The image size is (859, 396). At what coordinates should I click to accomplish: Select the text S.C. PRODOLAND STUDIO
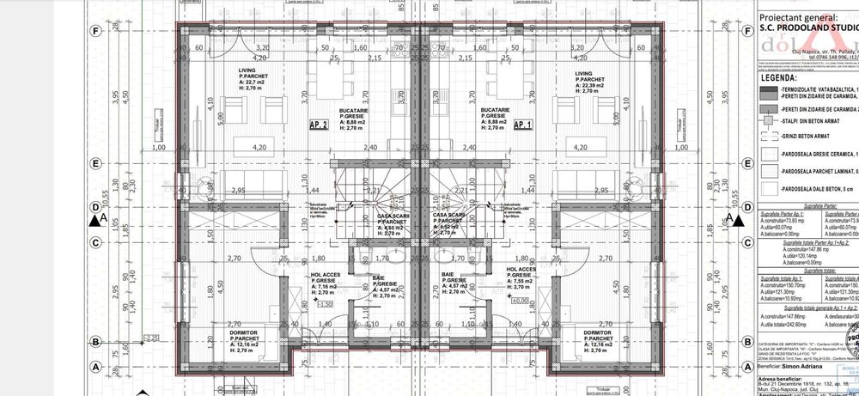point(807,27)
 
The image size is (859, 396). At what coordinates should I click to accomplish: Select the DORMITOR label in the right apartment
point(598,332)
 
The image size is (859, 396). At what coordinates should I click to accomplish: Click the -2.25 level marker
point(151,339)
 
